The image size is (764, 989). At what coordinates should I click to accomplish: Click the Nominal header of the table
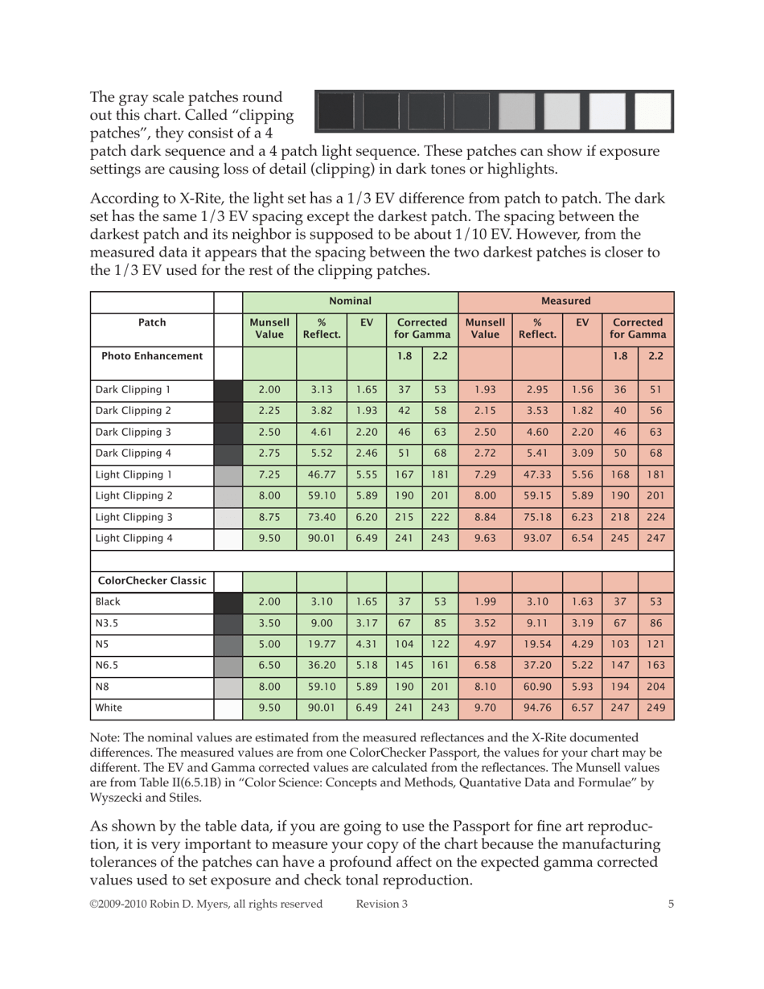[350, 301]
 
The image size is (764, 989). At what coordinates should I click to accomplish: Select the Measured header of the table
[565, 301]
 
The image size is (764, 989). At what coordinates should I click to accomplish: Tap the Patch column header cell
[152, 322]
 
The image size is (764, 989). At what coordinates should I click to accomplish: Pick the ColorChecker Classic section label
[152, 581]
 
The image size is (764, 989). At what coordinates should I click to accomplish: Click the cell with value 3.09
[582, 453]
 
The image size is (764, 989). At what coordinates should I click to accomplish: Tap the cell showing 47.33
[537, 474]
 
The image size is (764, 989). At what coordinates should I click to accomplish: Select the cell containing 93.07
[537, 539]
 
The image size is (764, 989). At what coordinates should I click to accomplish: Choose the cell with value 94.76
[537, 709]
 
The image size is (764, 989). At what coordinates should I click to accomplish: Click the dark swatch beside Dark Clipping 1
[228, 390]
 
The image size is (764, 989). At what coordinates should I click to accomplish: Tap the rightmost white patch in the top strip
[652, 111]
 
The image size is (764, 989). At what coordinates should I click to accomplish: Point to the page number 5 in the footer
[671, 904]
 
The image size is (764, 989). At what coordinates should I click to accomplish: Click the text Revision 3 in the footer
[381, 904]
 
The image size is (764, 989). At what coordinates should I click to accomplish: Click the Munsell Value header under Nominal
[269, 328]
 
